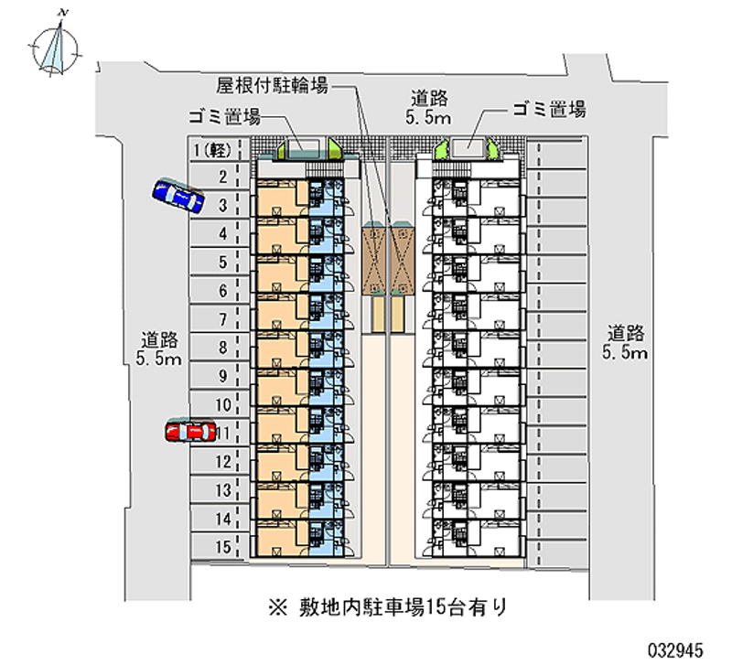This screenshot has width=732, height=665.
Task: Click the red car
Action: pos(189,430)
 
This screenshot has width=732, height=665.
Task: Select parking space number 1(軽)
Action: pos(216,150)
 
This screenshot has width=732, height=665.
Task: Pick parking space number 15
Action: pos(221,547)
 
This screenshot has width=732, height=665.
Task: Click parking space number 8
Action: pos(221,348)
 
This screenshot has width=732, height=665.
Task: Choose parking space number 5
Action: pos(221,263)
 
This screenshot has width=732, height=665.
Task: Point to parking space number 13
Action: pos(221,490)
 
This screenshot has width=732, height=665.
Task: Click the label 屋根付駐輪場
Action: pos(273,86)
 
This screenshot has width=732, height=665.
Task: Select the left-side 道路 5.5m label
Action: pos(159,348)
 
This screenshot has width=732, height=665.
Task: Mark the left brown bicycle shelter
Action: pos(374,258)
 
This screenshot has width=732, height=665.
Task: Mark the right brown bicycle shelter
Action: pos(404,258)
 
